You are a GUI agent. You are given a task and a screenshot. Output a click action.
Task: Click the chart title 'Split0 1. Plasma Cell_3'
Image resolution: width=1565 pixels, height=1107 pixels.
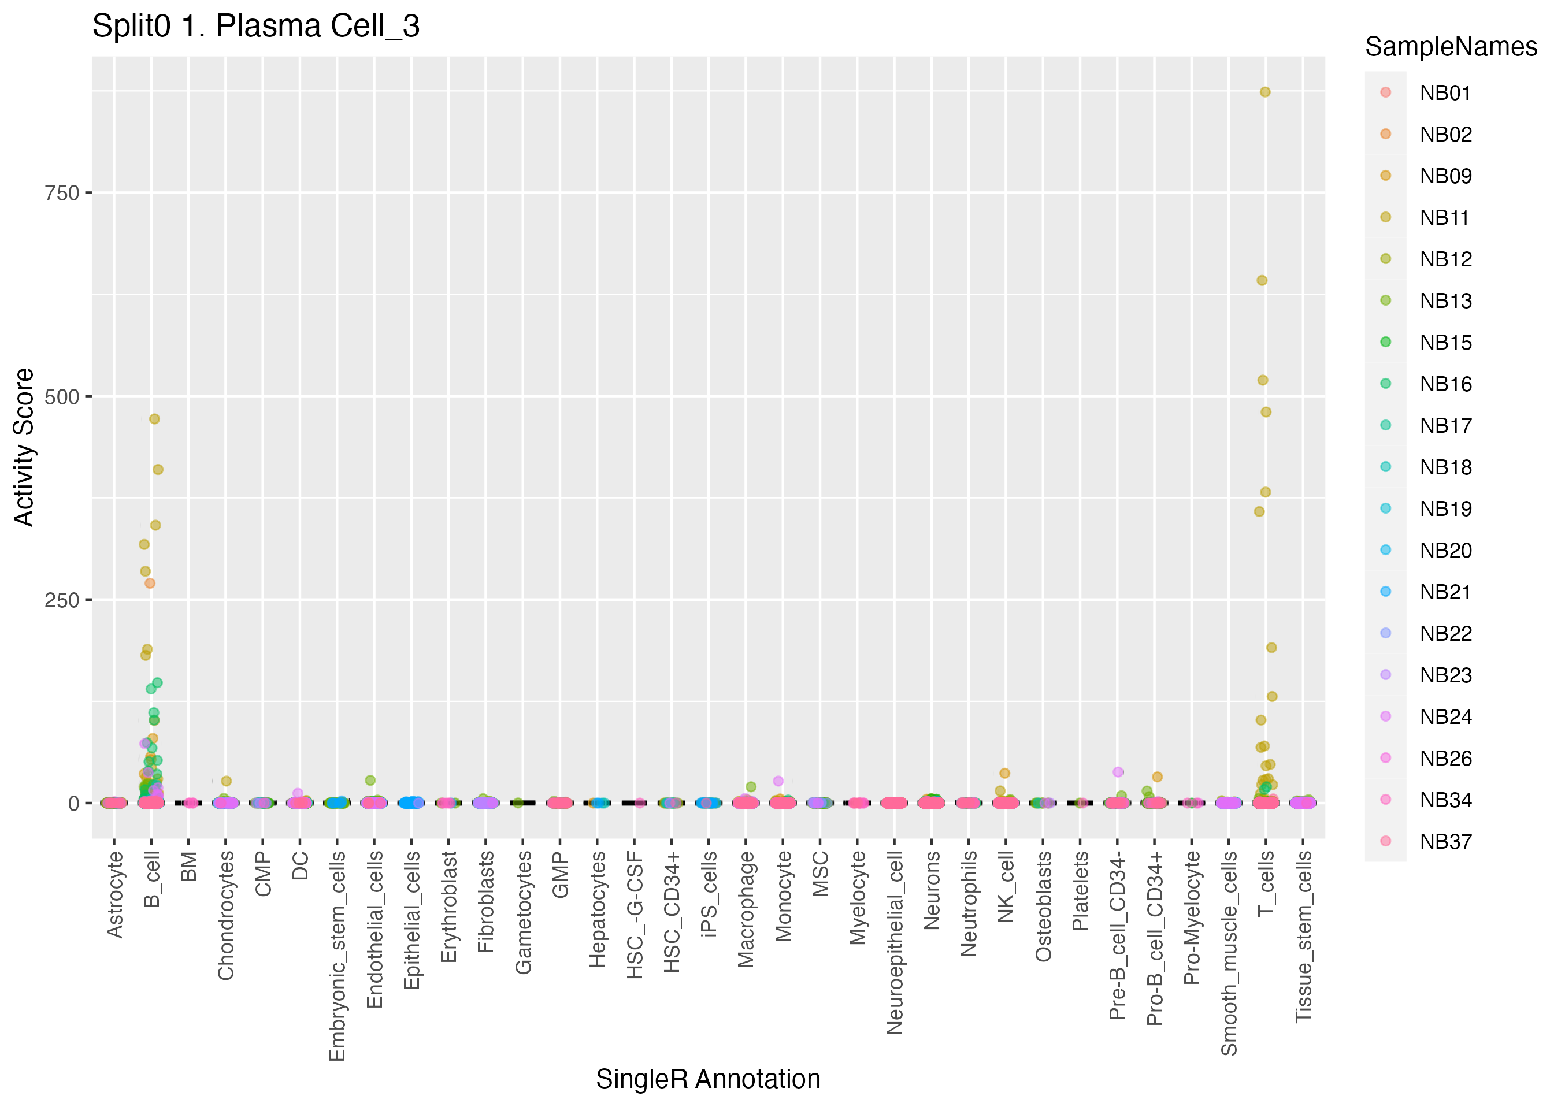click(255, 27)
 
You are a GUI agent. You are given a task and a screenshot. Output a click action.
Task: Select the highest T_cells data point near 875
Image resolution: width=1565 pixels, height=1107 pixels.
click(1264, 92)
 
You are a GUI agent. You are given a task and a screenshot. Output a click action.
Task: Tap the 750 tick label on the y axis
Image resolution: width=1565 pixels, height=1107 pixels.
click(62, 193)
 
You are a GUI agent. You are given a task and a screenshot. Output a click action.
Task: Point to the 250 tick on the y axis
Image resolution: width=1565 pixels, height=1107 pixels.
click(62, 600)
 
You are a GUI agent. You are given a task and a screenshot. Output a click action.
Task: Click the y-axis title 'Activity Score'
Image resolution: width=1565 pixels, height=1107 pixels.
click(24, 447)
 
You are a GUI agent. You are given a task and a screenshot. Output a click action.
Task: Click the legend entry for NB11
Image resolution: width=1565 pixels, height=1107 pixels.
click(1445, 217)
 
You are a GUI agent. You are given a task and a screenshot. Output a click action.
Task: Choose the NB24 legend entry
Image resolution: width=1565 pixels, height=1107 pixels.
click(1445, 716)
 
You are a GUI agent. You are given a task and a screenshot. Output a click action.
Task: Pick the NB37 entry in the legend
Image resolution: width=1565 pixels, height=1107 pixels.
click(1445, 841)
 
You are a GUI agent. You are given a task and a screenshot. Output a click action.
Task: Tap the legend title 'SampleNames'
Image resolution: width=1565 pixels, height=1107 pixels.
click(1451, 47)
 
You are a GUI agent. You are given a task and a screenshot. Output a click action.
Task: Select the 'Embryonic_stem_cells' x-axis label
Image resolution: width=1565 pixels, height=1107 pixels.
click(337, 956)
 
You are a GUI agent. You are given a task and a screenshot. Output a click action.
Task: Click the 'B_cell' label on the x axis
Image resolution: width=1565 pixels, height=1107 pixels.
click(151, 879)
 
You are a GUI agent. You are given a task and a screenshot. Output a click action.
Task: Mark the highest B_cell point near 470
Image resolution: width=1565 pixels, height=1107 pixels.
click(155, 418)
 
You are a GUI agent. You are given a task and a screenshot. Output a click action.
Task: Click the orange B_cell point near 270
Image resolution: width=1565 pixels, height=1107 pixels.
click(150, 583)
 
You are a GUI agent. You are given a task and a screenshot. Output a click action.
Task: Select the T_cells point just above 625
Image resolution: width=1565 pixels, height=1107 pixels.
click(1262, 280)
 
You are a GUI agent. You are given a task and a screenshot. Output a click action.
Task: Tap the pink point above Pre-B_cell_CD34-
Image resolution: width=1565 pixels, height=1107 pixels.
click(1118, 772)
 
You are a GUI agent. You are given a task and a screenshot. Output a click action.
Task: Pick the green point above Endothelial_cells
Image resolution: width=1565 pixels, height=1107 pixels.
click(370, 780)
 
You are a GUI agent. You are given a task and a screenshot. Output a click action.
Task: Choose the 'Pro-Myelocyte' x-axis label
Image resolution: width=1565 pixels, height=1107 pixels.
click(1192, 917)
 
